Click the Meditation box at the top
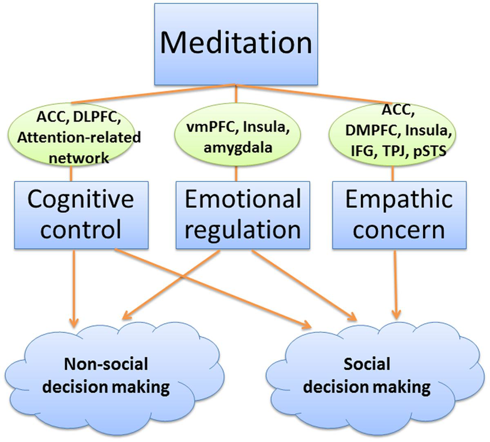point(236,43)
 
